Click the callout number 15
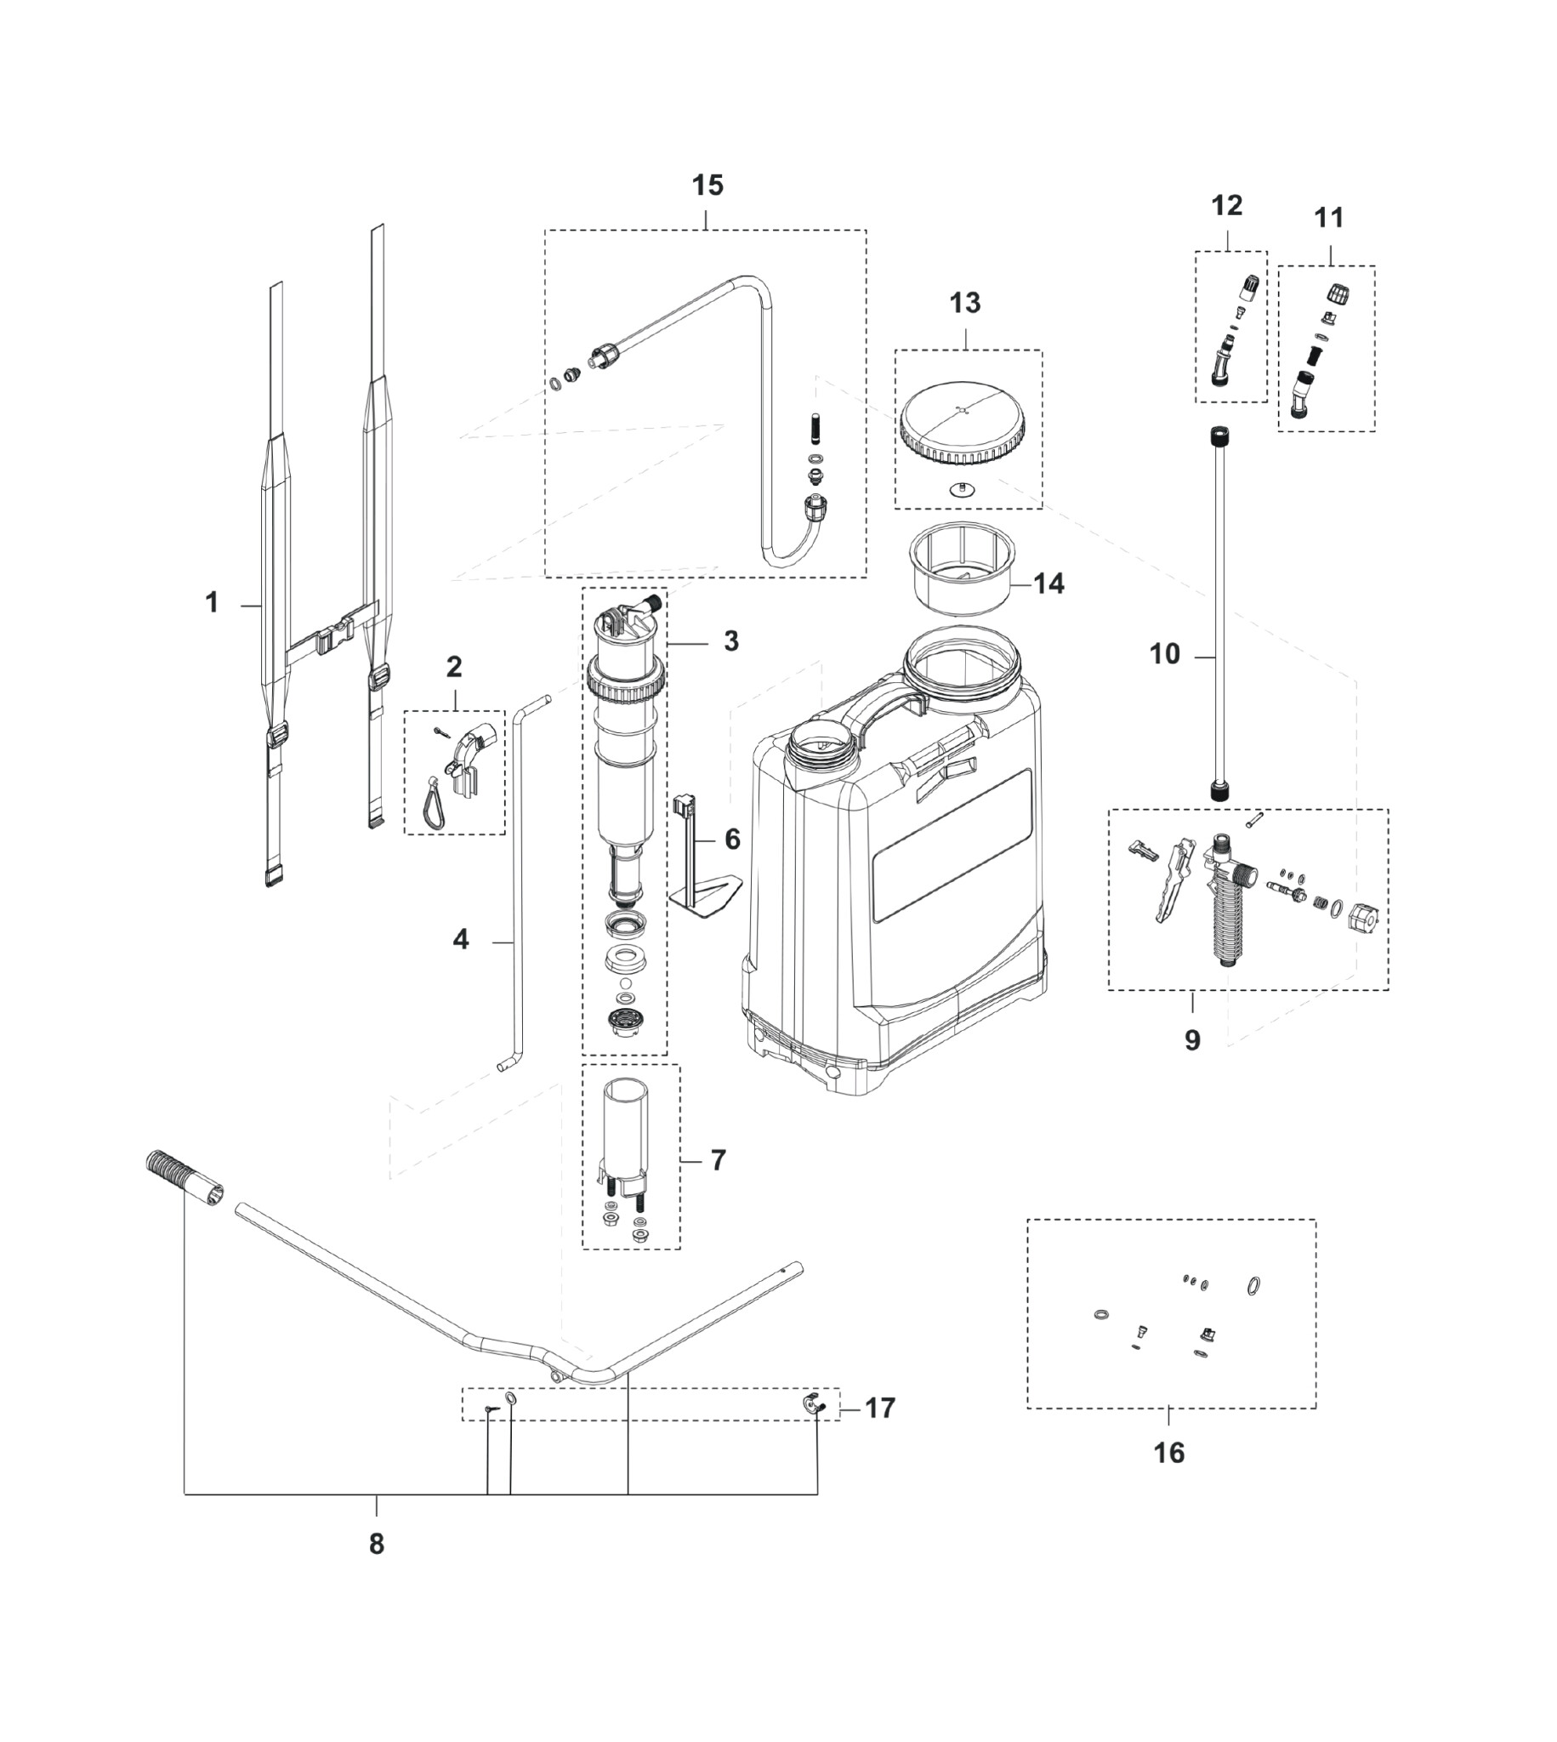pos(707,185)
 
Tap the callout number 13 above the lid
pos(965,303)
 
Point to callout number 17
pos(880,1408)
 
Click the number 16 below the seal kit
pos(1168,1453)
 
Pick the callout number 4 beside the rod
pos(461,939)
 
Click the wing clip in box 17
pos(813,1404)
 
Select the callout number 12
pos(1227,206)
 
